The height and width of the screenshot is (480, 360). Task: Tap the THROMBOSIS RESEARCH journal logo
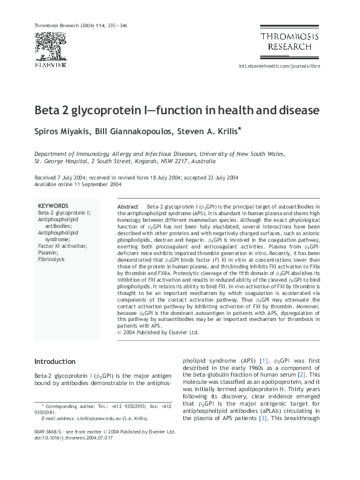point(287,41)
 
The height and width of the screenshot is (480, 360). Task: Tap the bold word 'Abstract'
point(128,207)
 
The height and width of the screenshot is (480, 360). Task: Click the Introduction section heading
point(55,362)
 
